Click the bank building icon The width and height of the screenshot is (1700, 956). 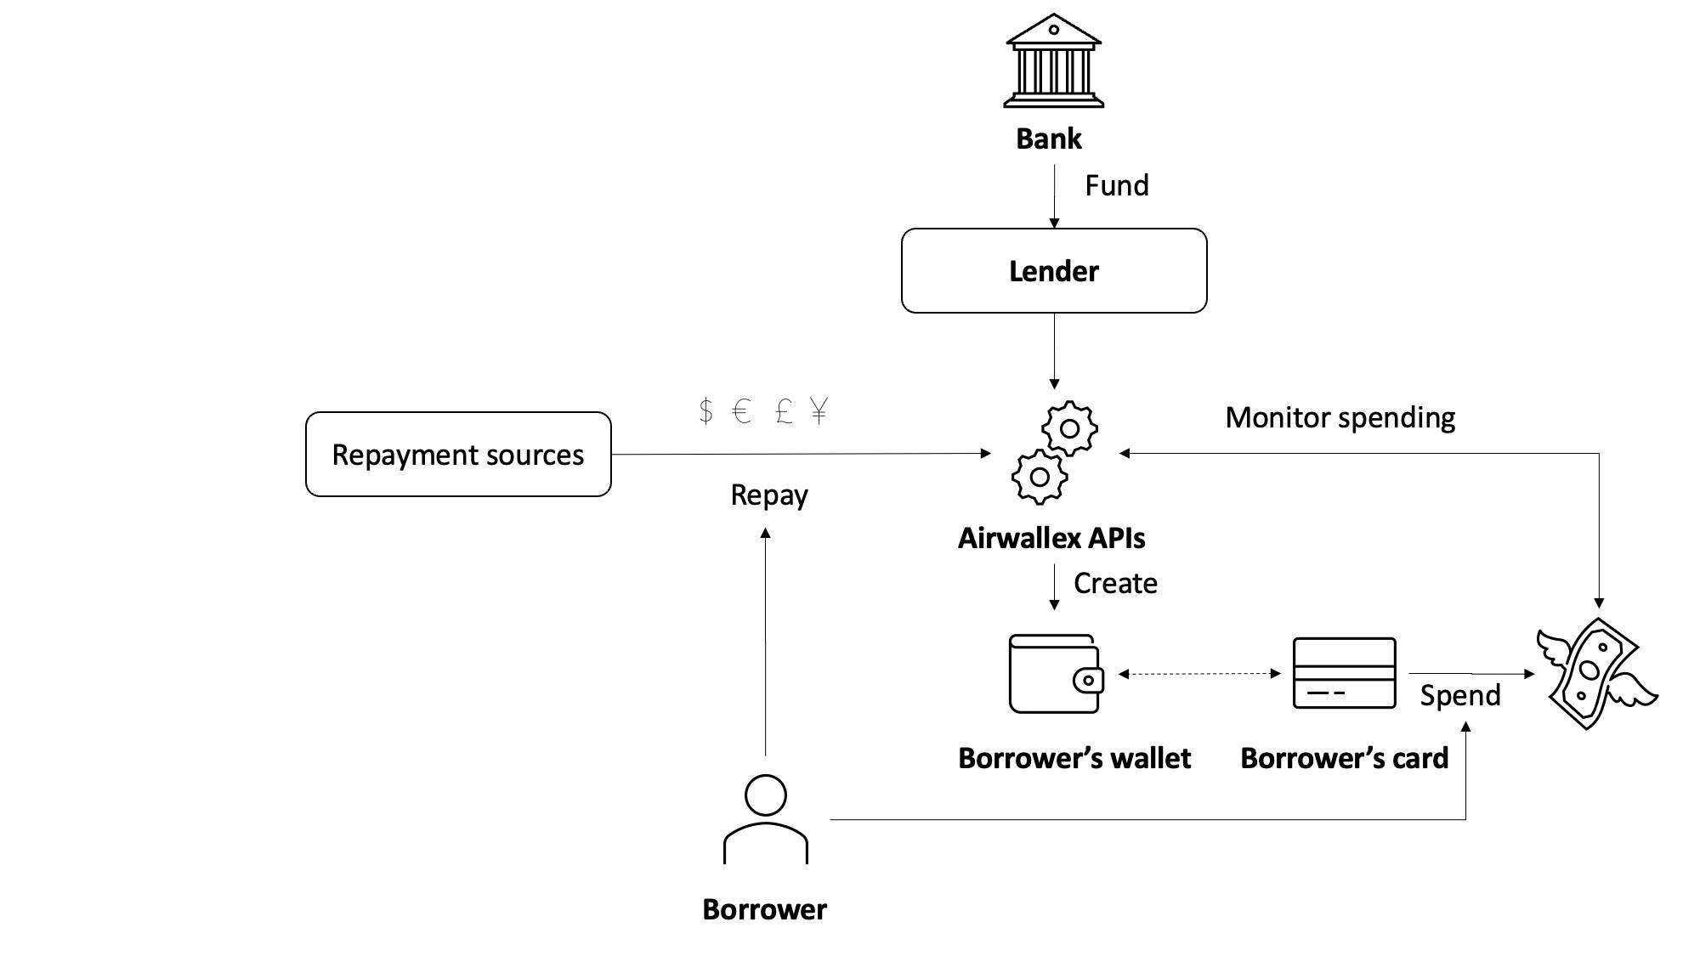click(1053, 61)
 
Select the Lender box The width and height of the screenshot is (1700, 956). click(1053, 271)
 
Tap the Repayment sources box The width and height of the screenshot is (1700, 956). click(458, 455)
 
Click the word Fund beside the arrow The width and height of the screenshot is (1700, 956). click(1116, 185)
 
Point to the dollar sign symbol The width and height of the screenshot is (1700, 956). click(705, 411)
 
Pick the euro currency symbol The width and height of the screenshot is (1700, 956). click(741, 411)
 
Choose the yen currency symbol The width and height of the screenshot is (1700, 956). click(819, 411)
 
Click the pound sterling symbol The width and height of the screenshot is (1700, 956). click(784, 411)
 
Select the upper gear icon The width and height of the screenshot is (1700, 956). click(1069, 428)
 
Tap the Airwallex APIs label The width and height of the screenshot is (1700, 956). click(1051, 538)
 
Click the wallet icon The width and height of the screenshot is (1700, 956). click(1055, 674)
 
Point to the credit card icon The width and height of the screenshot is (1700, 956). click(1344, 673)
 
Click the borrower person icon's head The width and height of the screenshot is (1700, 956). click(765, 795)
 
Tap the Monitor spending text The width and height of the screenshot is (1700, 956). click(1340, 417)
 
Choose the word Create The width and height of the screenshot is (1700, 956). click(1115, 583)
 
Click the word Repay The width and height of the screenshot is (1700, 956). click(768, 495)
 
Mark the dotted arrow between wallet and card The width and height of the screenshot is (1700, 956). click(1198, 674)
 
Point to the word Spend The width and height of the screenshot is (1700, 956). click(1459, 695)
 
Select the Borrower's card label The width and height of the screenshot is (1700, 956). click(1344, 758)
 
